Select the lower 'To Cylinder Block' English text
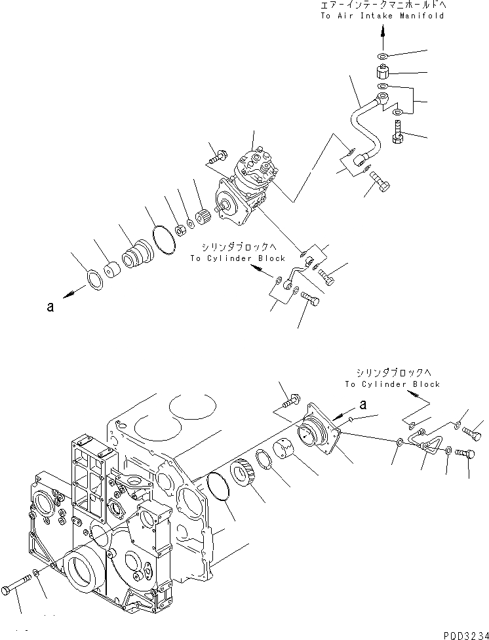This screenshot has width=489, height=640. point(392,384)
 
